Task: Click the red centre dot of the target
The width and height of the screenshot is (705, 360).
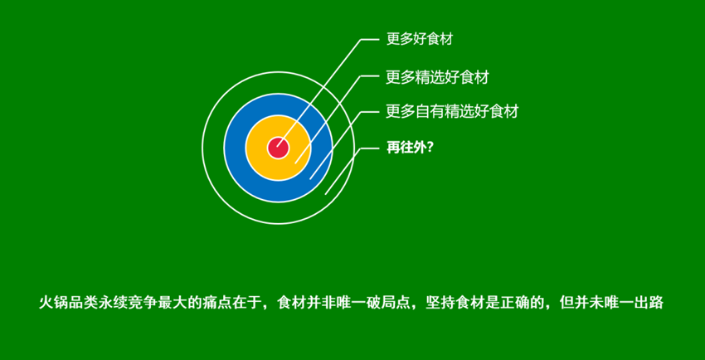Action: tap(278, 148)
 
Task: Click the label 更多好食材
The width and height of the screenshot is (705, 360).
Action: tap(420, 39)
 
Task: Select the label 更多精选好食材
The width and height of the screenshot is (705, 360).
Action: tap(437, 77)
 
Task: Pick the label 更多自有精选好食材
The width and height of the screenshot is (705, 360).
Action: tap(452, 111)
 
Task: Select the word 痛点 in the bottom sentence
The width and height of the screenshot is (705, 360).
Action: tap(217, 302)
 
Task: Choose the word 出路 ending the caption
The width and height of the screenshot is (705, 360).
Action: tap(649, 302)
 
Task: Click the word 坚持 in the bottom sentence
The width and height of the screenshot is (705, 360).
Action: tap(440, 302)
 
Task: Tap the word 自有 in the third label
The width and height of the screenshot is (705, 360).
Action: tap(430, 111)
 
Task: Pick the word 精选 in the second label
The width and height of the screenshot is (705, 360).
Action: tap(430, 77)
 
